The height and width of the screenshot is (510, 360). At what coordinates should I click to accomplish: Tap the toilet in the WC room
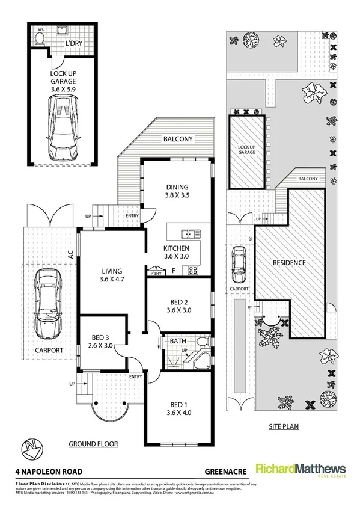[40, 39]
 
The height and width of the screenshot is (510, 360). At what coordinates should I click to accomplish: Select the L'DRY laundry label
[73, 44]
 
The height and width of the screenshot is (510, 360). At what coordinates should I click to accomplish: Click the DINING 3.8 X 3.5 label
[177, 191]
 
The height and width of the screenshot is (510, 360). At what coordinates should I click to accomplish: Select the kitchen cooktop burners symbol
[194, 270]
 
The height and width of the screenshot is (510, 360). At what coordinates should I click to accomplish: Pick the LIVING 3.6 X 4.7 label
[112, 275]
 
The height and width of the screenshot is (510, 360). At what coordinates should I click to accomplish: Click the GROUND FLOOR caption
[93, 444]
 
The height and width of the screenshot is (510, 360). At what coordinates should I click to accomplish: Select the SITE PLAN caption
[279, 428]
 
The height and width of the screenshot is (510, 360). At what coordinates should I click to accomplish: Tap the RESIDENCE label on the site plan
[289, 263]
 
